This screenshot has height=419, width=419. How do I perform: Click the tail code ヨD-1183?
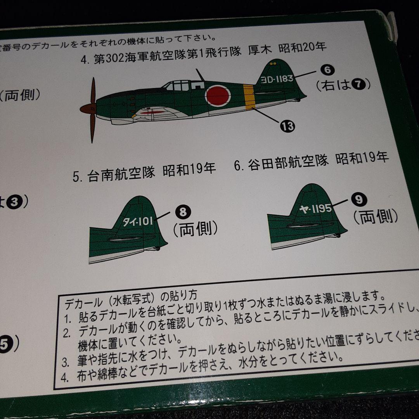pos(277,79)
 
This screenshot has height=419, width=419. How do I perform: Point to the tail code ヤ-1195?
pos(315,209)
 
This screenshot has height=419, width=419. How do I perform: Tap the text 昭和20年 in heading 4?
pos(306,47)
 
